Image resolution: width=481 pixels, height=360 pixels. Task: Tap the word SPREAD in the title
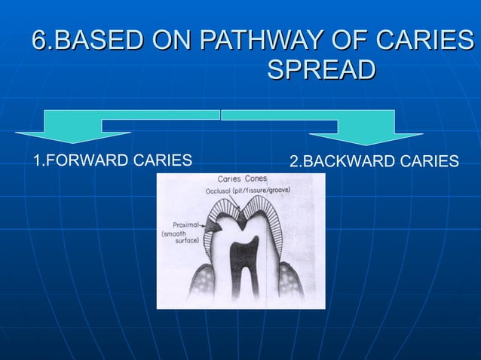[x=321, y=70]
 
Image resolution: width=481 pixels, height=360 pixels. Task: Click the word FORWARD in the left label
[x=82, y=160]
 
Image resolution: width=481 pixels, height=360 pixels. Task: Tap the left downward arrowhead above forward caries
[x=72, y=136]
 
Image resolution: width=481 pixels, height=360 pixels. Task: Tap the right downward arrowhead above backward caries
[x=366, y=137]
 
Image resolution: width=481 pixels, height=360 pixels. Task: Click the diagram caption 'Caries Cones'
[x=242, y=179]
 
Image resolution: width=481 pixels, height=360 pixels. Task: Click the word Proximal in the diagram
[x=185, y=224]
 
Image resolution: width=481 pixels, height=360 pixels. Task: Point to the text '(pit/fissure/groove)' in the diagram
[x=264, y=191]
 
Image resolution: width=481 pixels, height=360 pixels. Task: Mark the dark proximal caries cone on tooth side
[x=214, y=226]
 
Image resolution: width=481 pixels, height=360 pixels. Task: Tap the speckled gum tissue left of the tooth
[x=198, y=282]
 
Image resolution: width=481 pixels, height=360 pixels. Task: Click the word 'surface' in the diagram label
[x=186, y=241]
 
